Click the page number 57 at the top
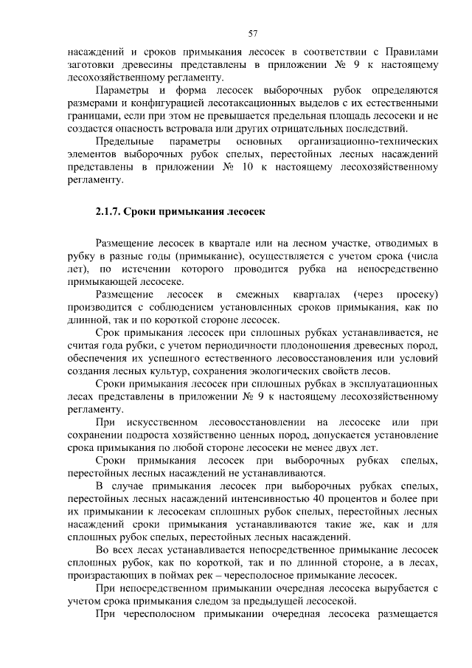(x=252, y=33)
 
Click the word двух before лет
(x=344, y=448)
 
